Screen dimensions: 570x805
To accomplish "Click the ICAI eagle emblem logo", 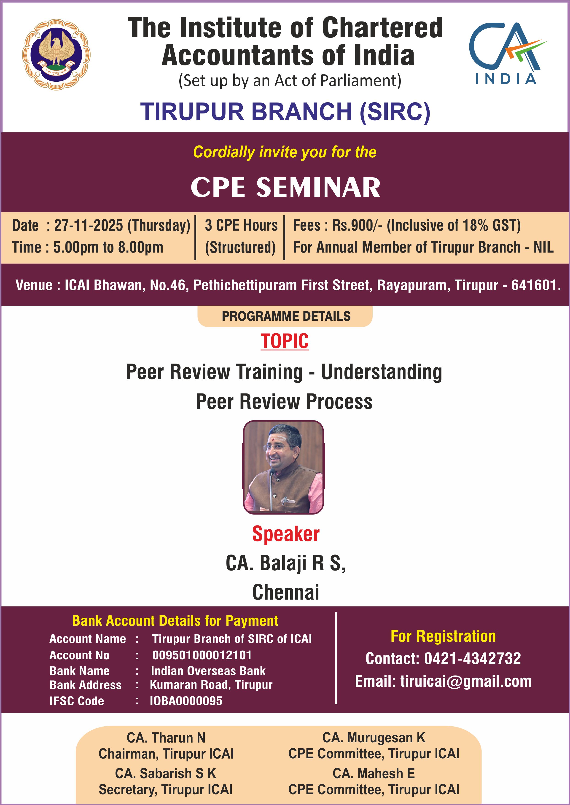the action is click(x=56, y=54).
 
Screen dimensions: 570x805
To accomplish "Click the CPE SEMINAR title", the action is click(x=285, y=187).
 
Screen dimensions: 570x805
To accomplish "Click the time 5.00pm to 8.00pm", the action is click(x=108, y=247).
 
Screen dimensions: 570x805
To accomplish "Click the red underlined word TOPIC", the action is click(x=285, y=341).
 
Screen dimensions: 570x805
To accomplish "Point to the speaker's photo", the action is click(x=283, y=468).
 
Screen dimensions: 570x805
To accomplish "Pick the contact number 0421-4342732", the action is click(x=472, y=659).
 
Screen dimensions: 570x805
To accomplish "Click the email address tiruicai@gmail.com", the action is click(x=466, y=682).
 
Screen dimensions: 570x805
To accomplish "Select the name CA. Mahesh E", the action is click(x=374, y=773).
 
